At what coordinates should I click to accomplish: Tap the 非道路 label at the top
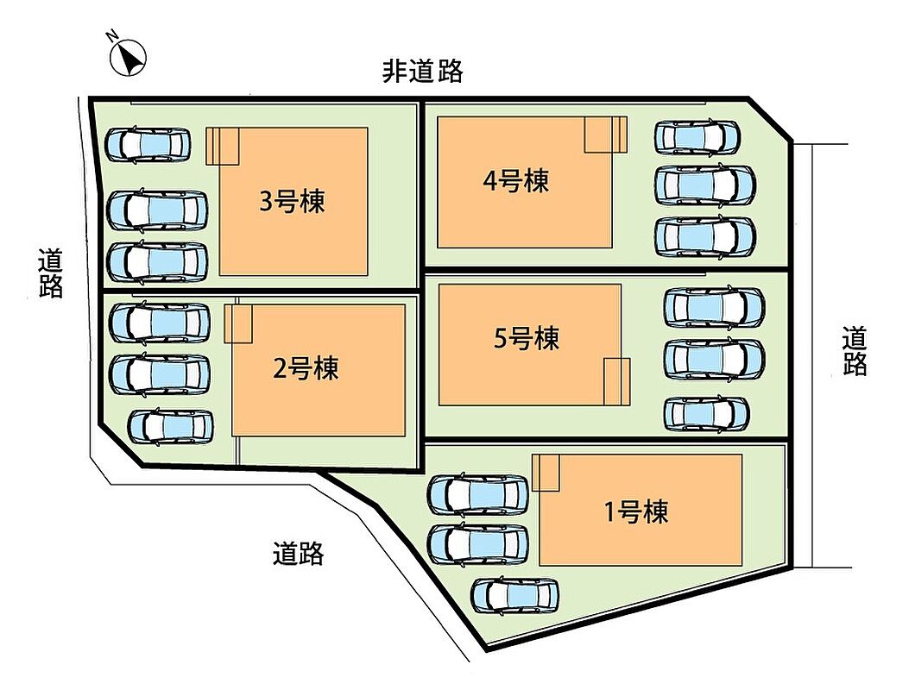423,72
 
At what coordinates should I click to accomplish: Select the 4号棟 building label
515,181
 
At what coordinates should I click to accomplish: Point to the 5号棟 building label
526,337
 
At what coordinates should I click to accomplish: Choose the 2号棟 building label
306,368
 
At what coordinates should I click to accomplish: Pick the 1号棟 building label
635,512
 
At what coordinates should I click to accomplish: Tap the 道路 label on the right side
855,350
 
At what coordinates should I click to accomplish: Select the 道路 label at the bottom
298,553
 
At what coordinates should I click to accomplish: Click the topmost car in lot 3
148,144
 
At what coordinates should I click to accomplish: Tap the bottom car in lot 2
171,426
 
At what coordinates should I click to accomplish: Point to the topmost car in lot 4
697,136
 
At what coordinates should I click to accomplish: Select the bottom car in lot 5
706,414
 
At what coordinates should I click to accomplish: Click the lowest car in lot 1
515,595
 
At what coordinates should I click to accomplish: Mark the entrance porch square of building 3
223,146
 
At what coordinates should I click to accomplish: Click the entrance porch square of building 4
604,135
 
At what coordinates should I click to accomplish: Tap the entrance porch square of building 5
617,380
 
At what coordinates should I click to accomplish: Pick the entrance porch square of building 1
546,473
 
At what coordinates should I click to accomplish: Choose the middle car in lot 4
704,183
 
